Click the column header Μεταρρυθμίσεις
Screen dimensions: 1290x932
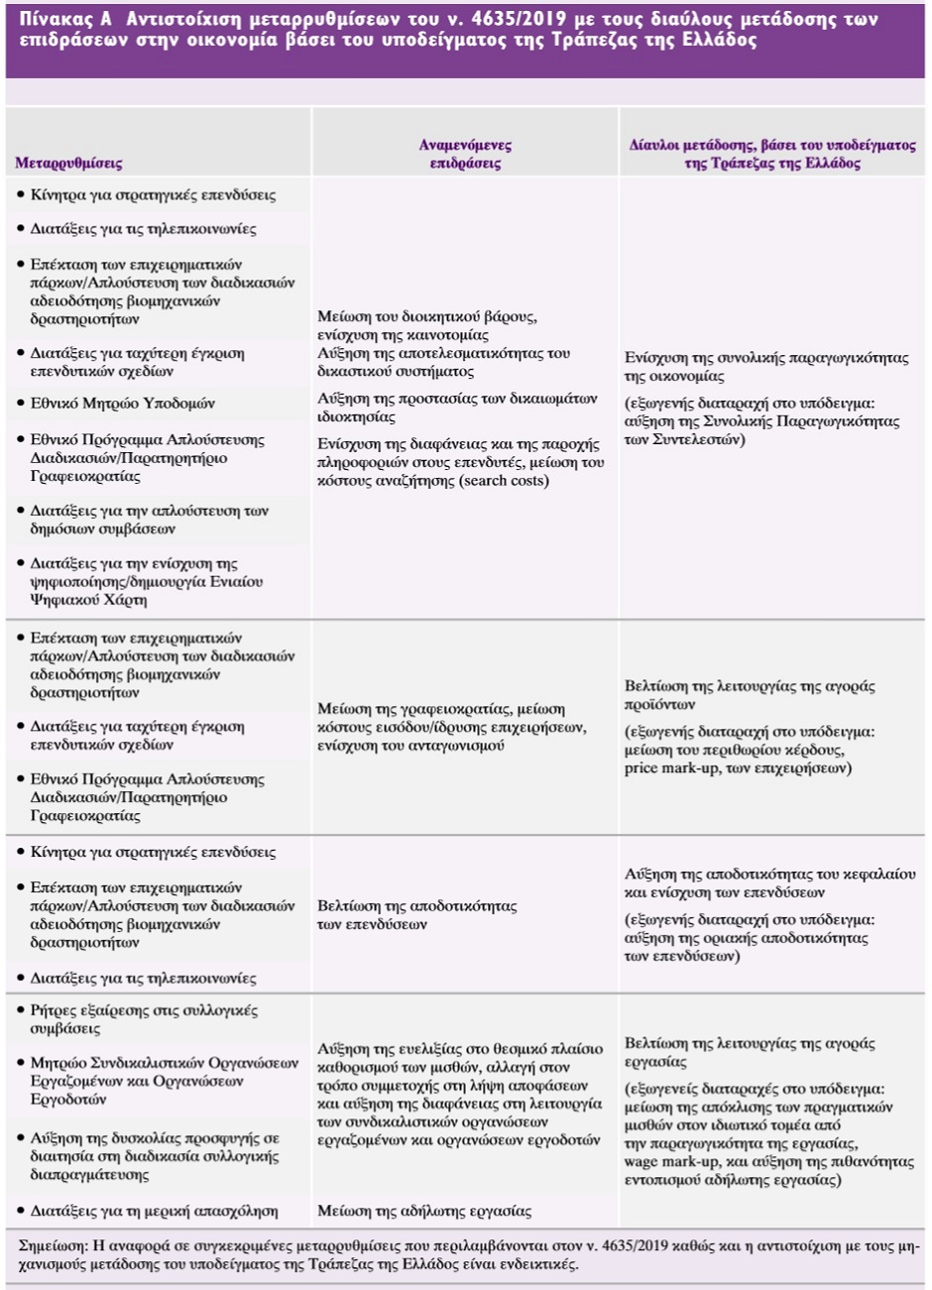[68, 163]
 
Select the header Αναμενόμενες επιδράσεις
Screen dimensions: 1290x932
[465, 154]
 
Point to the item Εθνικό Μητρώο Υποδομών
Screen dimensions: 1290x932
[122, 404]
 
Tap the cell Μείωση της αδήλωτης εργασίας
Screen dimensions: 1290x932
[424, 1211]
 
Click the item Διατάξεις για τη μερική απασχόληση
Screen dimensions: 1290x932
[154, 1211]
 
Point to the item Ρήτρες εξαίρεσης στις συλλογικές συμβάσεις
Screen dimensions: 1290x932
[144, 1019]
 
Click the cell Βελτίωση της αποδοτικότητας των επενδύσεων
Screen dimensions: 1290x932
[416, 914]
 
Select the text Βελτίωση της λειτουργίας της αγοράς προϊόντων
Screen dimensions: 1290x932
[750, 695]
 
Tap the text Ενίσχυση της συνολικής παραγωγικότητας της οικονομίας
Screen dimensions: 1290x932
[765, 367]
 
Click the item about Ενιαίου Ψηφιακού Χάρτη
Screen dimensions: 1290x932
[146, 582]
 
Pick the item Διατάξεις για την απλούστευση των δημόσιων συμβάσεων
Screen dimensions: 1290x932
[149, 520]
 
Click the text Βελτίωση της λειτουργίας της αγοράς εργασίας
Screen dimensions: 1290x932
[750, 1052]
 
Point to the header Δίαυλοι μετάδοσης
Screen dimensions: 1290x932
[772, 154]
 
